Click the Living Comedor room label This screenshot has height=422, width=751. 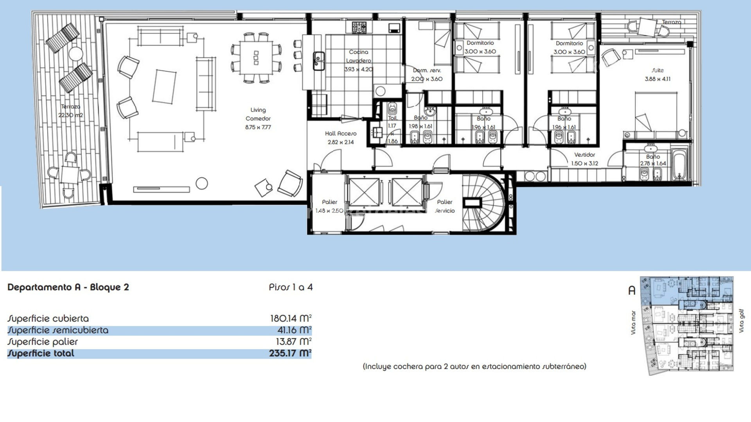pyautogui.click(x=258, y=114)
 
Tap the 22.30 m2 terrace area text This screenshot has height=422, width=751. pyautogui.click(x=70, y=115)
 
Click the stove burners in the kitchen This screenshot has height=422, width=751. pyautogui.click(x=359, y=27)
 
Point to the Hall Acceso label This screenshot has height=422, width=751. pyautogui.click(x=340, y=134)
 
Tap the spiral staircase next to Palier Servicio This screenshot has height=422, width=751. pyautogui.click(x=481, y=203)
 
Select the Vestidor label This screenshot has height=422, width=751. pyautogui.click(x=584, y=155)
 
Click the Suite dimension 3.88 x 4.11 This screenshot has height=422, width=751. pyautogui.click(x=658, y=79)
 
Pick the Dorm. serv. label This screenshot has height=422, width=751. pyautogui.click(x=427, y=71)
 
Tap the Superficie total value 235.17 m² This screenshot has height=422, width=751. pyautogui.click(x=290, y=354)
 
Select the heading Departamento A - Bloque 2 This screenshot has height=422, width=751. pyautogui.click(x=68, y=288)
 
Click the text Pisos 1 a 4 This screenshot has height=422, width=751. pyautogui.click(x=291, y=288)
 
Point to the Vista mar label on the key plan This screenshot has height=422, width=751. pyautogui.click(x=633, y=323)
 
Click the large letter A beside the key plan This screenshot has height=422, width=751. pyautogui.click(x=631, y=291)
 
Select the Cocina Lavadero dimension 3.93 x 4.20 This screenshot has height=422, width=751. pyautogui.click(x=358, y=70)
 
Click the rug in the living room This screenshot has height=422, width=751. pyautogui.click(x=164, y=86)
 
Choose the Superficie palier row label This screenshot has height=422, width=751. pyautogui.click(x=43, y=342)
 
